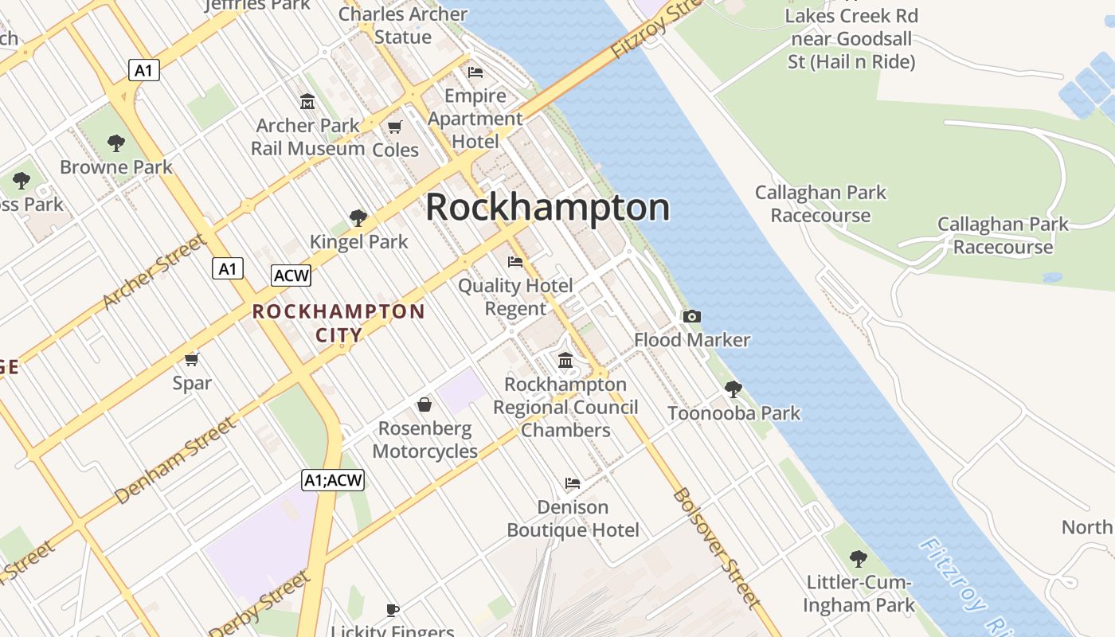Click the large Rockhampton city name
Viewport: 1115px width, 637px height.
(x=547, y=208)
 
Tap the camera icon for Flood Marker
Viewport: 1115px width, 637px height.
(x=691, y=316)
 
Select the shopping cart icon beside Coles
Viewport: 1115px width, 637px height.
(x=394, y=127)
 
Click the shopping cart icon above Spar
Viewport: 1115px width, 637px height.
(x=191, y=359)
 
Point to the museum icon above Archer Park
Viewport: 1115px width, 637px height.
(x=307, y=102)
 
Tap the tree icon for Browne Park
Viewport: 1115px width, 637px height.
(x=116, y=143)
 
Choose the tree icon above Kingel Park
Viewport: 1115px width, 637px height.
(x=358, y=217)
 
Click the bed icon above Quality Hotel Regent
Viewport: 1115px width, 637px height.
(x=515, y=261)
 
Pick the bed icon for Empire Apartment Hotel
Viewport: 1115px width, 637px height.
(x=475, y=72)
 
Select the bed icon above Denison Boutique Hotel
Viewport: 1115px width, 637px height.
(x=572, y=483)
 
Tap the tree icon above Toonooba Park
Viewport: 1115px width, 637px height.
(x=733, y=389)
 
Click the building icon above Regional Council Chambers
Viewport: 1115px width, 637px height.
(x=565, y=361)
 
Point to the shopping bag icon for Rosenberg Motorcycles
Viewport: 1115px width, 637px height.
(x=424, y=404)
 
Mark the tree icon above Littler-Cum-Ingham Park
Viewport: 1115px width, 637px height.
(x=858, y=558)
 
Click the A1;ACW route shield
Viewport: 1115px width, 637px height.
(x=333, y=480)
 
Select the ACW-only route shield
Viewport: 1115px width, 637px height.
(x=291, y=276)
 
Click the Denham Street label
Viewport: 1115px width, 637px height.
(x=176, y=460)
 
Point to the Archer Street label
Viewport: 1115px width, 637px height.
(x=154, y=272)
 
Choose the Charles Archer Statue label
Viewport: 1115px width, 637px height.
(x=403, y=25)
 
